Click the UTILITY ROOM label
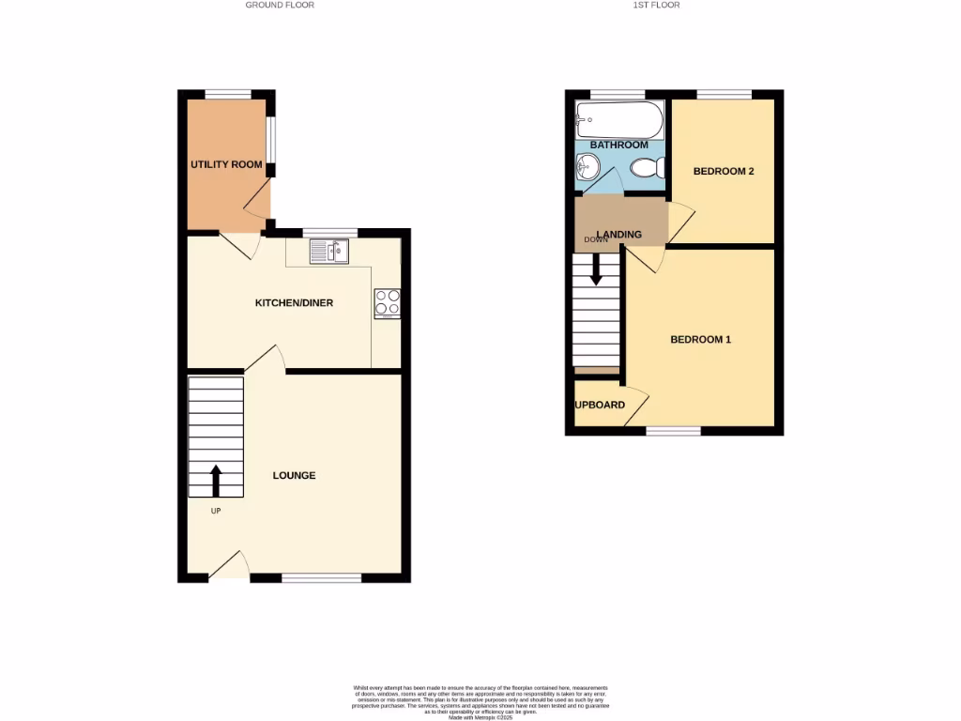(226, 165)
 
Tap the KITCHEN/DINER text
(295, 303)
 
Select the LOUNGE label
(294, 476)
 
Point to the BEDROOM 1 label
(700, 340)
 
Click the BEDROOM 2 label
(724, 172)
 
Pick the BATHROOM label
(618, 145)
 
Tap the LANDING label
(620, 235)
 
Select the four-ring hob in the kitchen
(387, 302)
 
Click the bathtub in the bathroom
(619, 119)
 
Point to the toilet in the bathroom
(648, 168)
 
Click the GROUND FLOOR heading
(280, 5)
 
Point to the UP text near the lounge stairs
(215, 511)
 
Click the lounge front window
(321, 577)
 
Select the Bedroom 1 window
(674, 431)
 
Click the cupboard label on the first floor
(601, 406)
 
